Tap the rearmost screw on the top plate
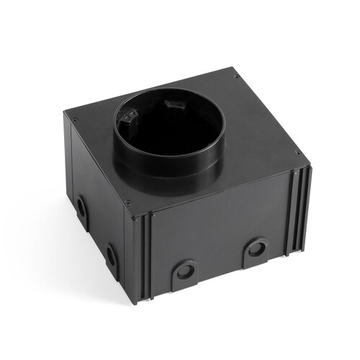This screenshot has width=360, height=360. (234, 76)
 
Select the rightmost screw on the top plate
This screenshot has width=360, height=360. (297, 152)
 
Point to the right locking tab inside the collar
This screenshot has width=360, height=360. (172, 105)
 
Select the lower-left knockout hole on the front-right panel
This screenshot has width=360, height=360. (185, 271)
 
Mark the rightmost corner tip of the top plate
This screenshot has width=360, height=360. (310, 166)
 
